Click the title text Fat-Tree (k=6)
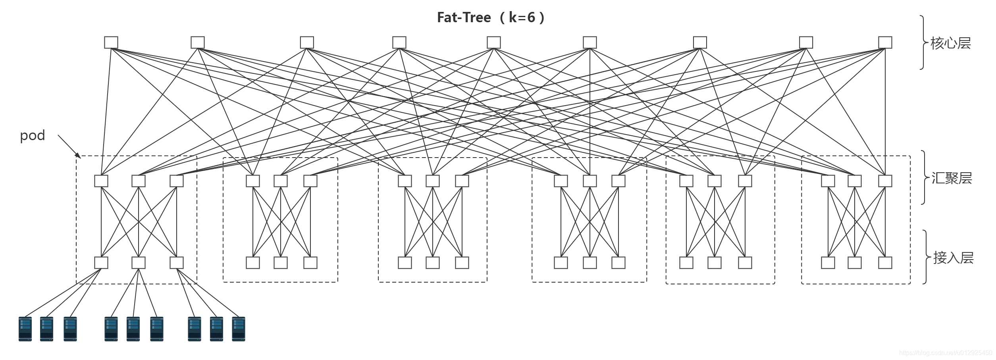491,17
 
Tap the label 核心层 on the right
951,43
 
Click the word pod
32,136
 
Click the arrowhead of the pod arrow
79,156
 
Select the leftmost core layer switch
111,42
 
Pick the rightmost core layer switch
885,42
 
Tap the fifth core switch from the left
494,42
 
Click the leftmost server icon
25,329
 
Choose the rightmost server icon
239,329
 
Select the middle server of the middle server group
133,329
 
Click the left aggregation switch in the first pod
101,181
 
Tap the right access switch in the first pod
177,263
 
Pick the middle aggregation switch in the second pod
281,181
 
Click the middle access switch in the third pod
433,263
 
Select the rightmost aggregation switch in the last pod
885,181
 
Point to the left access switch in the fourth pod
561,263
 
